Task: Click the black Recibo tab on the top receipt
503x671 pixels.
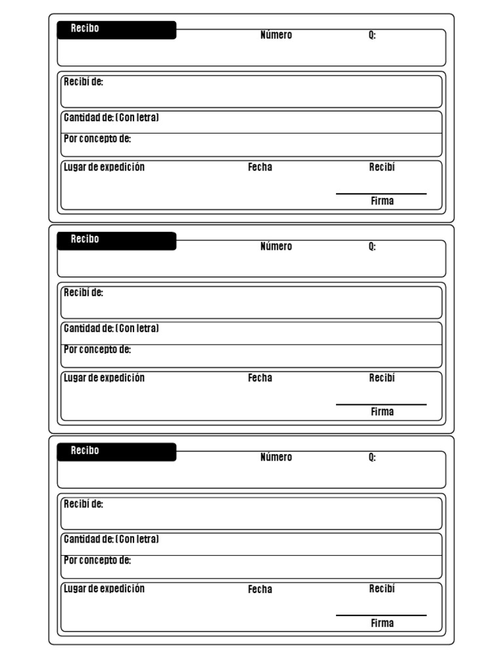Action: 117,30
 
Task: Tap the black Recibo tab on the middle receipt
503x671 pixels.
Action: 117,240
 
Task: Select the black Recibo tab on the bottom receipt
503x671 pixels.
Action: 117,451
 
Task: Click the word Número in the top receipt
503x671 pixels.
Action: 276,35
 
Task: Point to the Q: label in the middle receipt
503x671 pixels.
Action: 372,246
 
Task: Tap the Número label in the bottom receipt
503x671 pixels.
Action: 276,457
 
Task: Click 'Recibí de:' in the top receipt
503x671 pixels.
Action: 83,82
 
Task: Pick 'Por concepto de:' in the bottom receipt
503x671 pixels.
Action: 97,560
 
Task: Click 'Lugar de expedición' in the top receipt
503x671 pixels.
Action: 104,167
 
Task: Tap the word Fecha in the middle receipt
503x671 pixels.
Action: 260,378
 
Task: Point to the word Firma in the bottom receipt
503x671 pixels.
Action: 382,623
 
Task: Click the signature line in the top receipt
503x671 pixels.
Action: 381,194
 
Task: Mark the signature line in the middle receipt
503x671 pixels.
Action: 381,405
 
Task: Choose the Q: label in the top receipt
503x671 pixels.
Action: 372,35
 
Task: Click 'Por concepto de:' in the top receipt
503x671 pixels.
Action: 97,139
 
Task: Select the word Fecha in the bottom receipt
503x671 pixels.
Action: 260,590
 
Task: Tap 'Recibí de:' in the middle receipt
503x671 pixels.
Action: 83,293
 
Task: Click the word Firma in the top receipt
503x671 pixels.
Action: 382,201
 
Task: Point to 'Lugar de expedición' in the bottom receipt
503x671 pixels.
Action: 104,588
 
